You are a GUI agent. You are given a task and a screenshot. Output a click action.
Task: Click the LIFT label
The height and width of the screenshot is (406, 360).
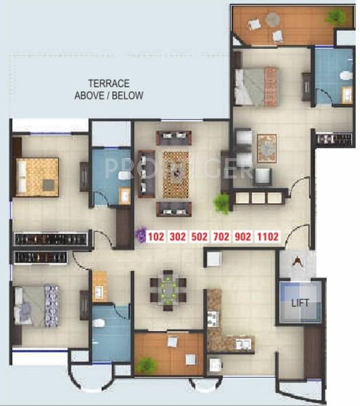300,303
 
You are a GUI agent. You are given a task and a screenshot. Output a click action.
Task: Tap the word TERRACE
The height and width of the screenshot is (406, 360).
109,83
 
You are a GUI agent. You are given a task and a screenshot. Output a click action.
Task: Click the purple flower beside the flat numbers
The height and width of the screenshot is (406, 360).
140,235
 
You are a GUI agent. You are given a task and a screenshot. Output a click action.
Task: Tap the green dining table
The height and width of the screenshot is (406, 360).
167,290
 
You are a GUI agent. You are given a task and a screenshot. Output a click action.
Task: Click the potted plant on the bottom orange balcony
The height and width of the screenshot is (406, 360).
145,365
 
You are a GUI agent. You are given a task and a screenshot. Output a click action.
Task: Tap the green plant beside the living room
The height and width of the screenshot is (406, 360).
221,202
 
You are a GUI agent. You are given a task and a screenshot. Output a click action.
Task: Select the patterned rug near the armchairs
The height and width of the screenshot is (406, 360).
267,149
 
